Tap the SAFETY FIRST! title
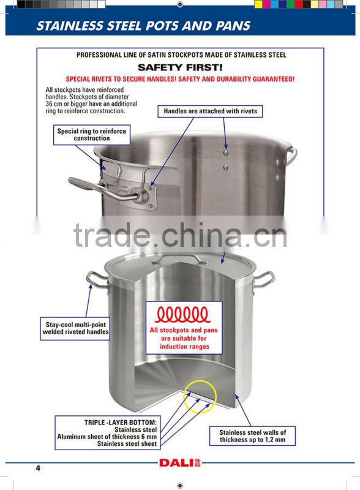[179, 67]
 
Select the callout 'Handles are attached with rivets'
[210, 111]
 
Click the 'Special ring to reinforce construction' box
[92, 135]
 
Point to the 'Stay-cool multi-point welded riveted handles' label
[75, 328]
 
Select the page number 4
[37, 469]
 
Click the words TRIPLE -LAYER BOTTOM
[121, 423]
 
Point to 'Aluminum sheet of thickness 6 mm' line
[107, 437]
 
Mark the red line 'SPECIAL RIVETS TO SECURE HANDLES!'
[180, 80]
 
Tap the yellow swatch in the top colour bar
[258, 4]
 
